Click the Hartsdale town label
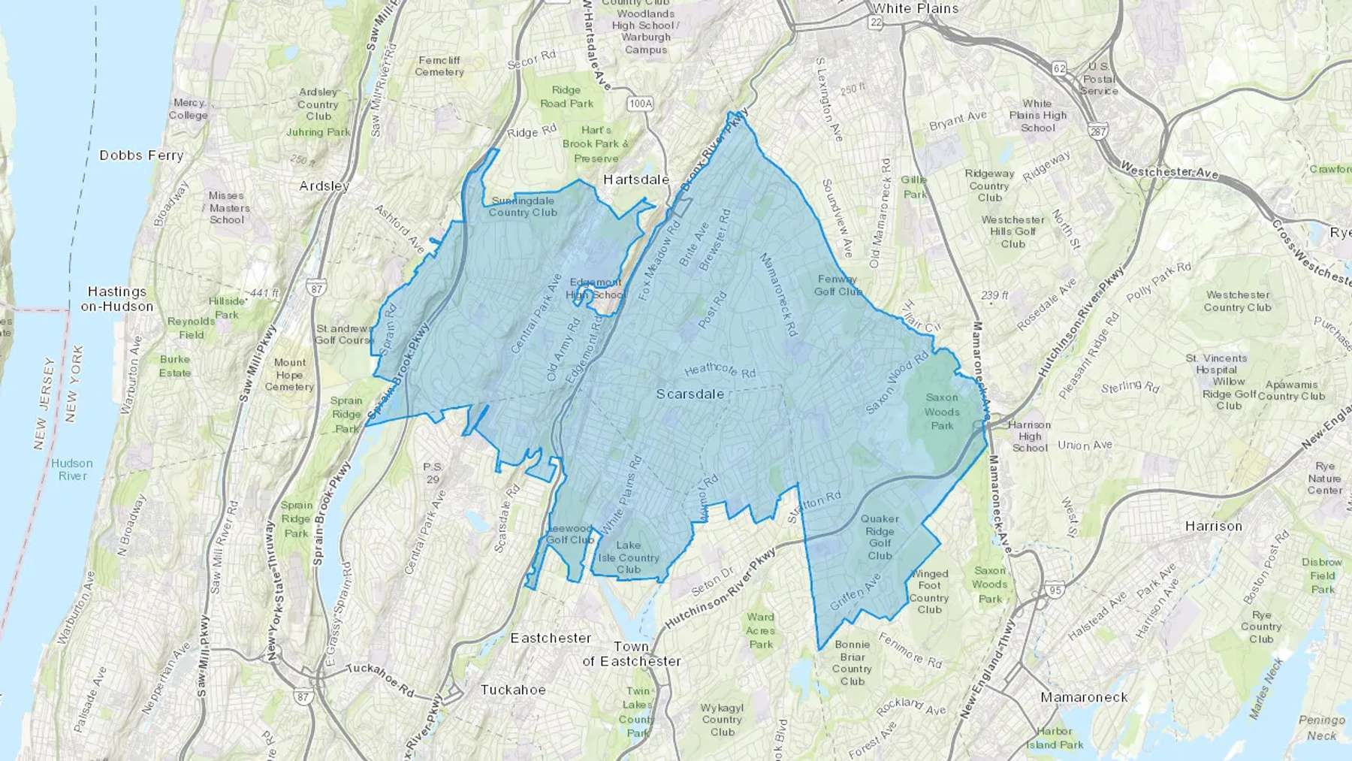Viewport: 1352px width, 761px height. (x=636, y=180)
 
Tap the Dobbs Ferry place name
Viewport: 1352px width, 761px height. (x=141, y=156)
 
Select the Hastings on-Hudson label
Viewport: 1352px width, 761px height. (x=117, y=299)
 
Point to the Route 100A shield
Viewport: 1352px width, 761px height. (x=640, y=104)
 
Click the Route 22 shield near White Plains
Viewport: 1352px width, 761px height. (x=876, y=23)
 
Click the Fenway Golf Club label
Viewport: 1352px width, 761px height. (x=837, y=285)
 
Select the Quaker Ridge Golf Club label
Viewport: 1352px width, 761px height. (x=880, y=537)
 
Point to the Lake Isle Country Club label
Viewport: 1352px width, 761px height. (x=629, y=557)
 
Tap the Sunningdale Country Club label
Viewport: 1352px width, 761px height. (x=523, y=207)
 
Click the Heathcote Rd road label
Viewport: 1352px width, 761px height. (x=720, y=370)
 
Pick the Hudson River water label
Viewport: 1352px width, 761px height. (x=73, y=470)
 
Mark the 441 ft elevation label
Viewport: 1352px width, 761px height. (x=264, y=293)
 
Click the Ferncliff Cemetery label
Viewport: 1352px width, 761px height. (x=439, y=66)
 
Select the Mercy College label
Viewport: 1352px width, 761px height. (x=189, y=109)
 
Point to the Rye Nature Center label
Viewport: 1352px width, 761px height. (x=1324, y=479)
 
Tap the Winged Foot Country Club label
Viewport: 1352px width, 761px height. (x=929, y=591)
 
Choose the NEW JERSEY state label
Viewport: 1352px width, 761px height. (x=44, y=403)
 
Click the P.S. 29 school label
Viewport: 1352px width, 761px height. (x=432, y=473)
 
